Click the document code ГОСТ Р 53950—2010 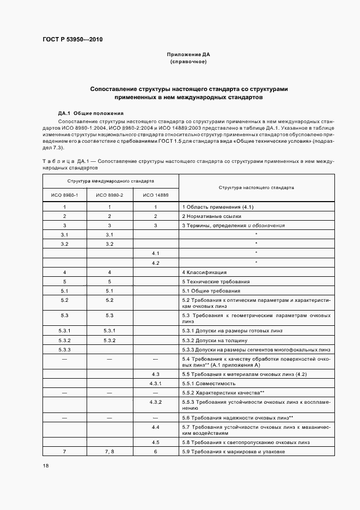pos(72,40)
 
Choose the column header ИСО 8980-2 pos(110,195)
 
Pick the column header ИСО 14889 pos(156,195)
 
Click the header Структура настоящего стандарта pos(256,187)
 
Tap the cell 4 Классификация pos(204,272)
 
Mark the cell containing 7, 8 pos(110,452)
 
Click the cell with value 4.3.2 pos(156,402)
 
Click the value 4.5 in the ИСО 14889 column pos(156,442)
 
